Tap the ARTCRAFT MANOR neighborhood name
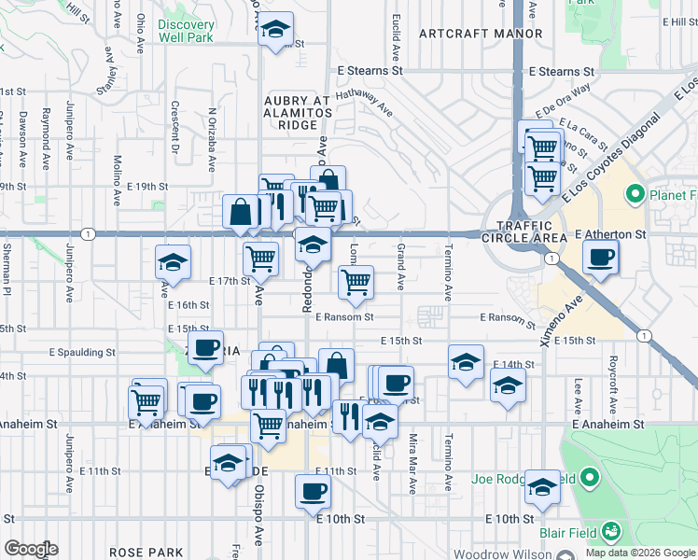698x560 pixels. click(481, 34)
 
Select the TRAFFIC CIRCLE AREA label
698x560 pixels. click(532, 232)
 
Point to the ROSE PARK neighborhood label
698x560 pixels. click(140, 553)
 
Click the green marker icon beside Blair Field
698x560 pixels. click(611, 531)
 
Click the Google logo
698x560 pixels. click(30, 549)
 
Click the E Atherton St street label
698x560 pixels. click(610, 233)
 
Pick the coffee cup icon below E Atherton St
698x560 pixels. click(601, 256)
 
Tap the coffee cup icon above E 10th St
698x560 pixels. click(314, 490)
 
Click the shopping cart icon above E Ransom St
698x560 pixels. click(356, 281)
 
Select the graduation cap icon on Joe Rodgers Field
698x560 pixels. click(542, 486)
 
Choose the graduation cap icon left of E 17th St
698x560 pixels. click(173, 261)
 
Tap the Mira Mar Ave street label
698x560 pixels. click(412, 462)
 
